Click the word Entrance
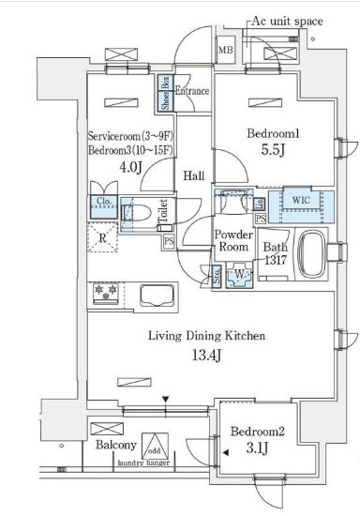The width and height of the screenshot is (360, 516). tap(191, 91)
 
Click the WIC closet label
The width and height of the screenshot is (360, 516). tap(302, 199)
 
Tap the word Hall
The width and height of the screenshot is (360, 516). tap(193, 175)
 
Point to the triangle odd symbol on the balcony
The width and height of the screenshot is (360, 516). tap(157, 448)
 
